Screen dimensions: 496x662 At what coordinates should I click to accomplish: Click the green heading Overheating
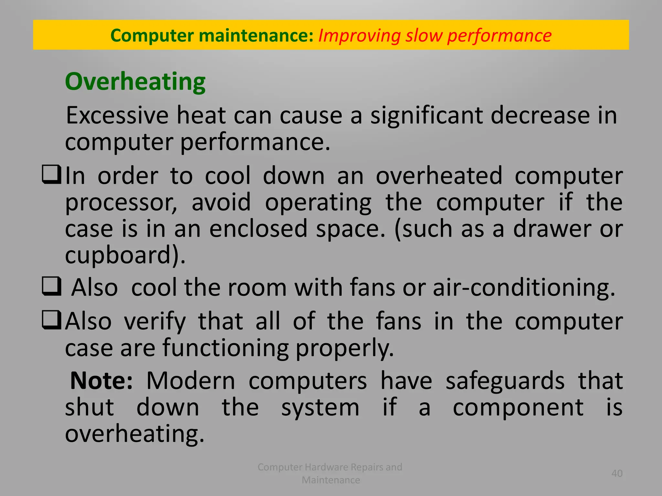click(x=135, y=82)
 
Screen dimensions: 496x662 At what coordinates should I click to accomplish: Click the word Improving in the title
click(x=359, y=36)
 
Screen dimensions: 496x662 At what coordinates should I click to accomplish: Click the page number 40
click(x=617, y=473)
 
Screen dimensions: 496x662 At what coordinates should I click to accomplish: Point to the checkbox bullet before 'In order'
click(x=51, y=174)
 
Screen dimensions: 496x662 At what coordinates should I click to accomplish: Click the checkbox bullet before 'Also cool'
click(x=51, y=286)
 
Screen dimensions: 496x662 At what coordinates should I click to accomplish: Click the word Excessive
click(x=117, y=115)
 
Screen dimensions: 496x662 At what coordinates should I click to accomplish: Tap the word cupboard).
click(x=125, y=255)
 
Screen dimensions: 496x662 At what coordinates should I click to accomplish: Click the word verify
click(x=155, y=322)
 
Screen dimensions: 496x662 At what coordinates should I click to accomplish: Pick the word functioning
click(x=226, y=348)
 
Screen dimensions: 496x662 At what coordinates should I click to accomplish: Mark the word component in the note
click(x=518, y=408)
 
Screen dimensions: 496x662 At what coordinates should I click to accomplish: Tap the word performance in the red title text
click(x=499, y=36)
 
